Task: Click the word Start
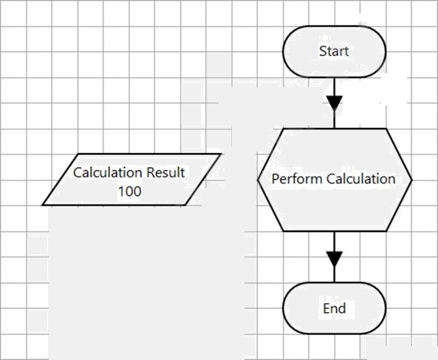point(334,51)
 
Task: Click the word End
point(335,308)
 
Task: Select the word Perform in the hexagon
point(297,179)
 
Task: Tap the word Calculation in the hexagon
point(361,179)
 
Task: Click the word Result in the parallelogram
point(165,172)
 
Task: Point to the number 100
point(129,191)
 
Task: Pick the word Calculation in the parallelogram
point(109,172)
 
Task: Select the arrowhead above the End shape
point(335,259)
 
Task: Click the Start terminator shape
point(335,52)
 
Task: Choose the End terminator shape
point(335,308)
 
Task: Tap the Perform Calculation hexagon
point(335,180)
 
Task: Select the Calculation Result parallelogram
point(131,180)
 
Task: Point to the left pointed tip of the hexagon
point(258,180)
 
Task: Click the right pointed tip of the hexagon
point(411,180)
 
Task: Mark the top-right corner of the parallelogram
point(221,154)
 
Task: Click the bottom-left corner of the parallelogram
point(43,205)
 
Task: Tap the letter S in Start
point(323,51)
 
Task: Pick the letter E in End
point(326,308)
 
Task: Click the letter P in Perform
point(276,179)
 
